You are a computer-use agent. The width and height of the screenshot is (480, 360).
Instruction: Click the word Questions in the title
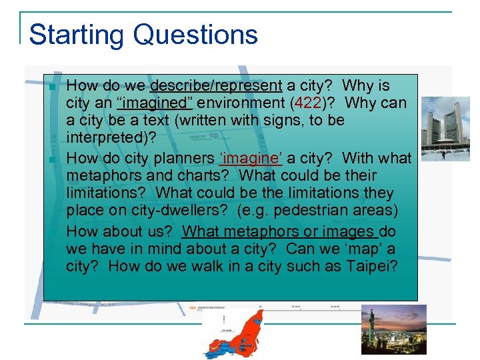tap(195, 35)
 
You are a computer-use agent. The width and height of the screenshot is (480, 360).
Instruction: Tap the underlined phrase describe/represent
tap(216, 86)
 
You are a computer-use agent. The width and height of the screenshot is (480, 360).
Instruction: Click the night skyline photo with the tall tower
tap(393, 329)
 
